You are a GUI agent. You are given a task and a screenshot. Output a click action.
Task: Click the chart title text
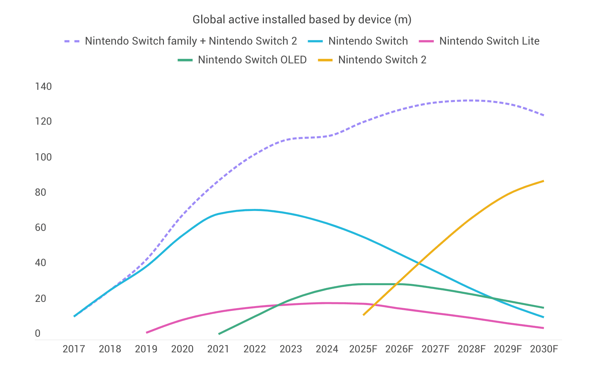[x=302, y=19]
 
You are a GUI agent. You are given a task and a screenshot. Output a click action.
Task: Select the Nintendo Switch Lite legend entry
[x=489, y=41]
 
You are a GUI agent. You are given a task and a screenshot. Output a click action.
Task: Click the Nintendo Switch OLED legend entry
[x=252, y=60]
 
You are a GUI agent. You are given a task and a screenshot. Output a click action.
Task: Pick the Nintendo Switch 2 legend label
[x=382, y=60]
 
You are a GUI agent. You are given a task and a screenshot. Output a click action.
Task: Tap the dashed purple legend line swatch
[x=72, y=41]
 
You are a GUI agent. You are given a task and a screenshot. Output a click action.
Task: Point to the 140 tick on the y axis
[x=44, y=86]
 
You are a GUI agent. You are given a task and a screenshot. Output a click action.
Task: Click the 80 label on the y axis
[x=40, y=192]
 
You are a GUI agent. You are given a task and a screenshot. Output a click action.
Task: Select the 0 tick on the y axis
[x=38, y=334]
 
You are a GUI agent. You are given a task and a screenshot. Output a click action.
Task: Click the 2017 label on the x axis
[x=74, y=349]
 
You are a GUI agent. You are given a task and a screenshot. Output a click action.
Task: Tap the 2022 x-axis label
[x=254, y=349]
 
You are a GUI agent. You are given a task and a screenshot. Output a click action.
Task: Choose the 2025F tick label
[x=363, y=349]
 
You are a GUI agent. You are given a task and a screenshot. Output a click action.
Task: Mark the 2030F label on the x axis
[x=544, y=349]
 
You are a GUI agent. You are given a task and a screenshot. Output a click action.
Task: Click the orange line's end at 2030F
[x=543, y=181]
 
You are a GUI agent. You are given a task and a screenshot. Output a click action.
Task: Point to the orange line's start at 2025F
[x=363, y=315]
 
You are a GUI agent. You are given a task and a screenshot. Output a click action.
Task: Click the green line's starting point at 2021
[x=219, y=334]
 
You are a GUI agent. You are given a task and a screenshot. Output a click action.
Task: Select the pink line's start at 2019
[x=147, y=333]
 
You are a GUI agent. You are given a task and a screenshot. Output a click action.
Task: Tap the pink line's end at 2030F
[x=543, y=328]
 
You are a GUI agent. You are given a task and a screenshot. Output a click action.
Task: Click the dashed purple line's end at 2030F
[x=543, y=115]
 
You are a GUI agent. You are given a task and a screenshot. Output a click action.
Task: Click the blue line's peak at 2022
[x=255, y=210]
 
